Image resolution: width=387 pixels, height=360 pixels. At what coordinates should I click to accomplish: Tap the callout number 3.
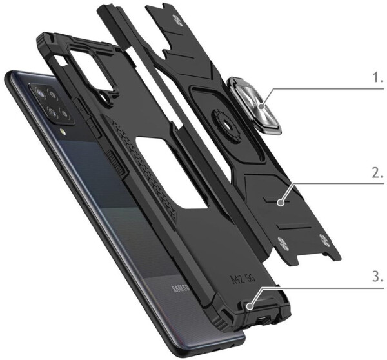pos(378,277)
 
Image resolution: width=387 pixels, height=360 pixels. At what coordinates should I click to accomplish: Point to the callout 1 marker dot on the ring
pos(262,107)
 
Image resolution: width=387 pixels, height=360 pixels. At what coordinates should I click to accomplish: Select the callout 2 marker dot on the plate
pos(280,203)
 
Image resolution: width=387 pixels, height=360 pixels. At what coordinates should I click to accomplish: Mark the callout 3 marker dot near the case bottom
pos(250,306)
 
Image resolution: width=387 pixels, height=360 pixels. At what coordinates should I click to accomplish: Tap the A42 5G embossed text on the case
pos(243,278)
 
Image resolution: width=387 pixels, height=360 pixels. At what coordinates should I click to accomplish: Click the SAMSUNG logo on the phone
pos(181,288)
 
